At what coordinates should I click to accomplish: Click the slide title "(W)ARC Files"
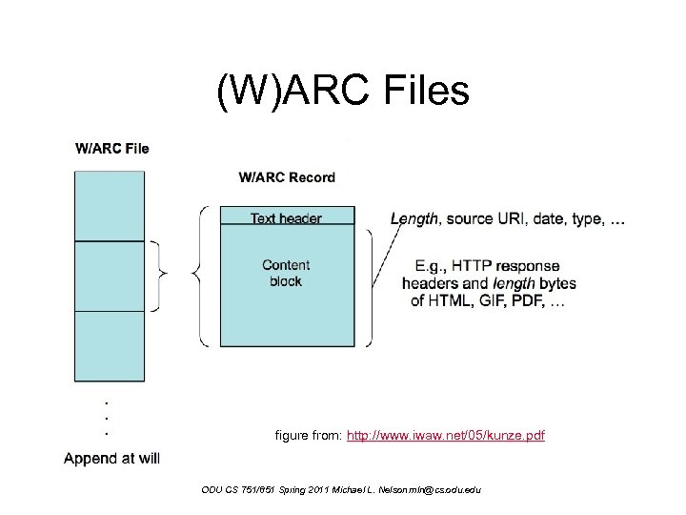coord(343,93)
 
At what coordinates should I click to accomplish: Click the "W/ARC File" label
coord(111,148)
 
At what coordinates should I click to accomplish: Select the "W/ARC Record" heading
coord(287,176)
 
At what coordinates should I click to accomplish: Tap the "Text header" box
coord(286,218)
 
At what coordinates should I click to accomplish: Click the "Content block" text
coord(286,273)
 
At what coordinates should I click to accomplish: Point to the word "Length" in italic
coord(414,218)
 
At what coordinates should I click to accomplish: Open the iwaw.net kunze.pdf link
coord(446,436)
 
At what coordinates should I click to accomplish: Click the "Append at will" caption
coord(111,458)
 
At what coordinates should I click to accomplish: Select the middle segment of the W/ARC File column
coord(110,276)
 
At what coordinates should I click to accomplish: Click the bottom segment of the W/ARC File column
coord(110,346)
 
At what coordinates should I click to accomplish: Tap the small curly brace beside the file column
coord(161,275)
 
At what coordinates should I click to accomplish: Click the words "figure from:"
coord(308,436)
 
